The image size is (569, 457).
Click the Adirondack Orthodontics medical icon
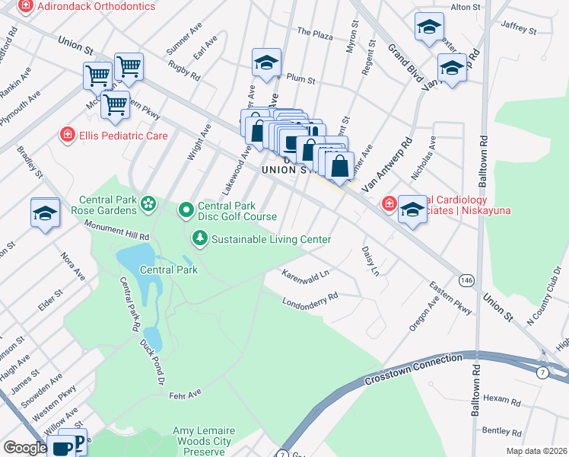(x=25, y=6)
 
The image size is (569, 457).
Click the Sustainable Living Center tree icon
(x=200, y=239)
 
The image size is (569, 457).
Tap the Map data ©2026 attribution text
(x=536, y=451)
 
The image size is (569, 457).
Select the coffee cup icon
(x=61, y=446)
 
